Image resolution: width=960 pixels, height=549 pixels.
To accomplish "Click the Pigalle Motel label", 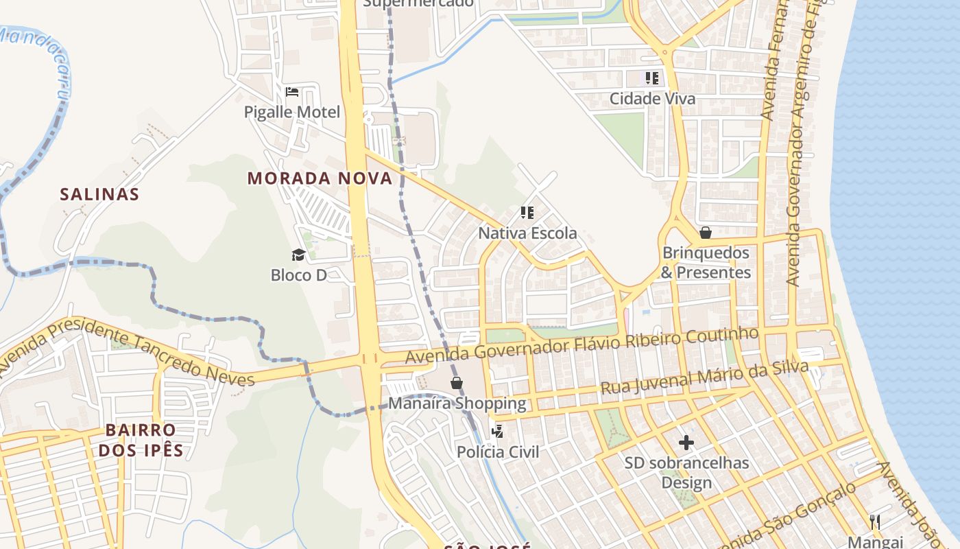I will pyautogui.click(x=292, y=112).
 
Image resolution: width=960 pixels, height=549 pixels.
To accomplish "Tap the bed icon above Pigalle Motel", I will pyautogui.click(x=292, y=92).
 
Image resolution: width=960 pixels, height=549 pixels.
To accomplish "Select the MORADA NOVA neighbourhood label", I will pyautogui.click(x=320, y=178).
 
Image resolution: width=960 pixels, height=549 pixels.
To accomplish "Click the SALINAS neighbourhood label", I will pyautogui.click(x=99, y=194).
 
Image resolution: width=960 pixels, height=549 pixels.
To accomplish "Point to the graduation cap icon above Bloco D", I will pyautogui.click(x=298, y=255).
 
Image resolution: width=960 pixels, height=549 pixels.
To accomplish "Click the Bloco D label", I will pyautogui.click(x=299, y=275).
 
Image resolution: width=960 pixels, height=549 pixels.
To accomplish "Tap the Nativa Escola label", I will pyautogui.click(x=527, y=233).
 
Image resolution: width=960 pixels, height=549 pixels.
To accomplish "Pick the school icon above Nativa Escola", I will pyautogui.click(x=527, y=213).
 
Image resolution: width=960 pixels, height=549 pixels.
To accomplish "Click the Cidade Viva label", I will pyautogui.click(x=652, y=99).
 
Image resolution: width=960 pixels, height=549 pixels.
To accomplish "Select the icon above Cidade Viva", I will pyautogui.click(x=651, y=78).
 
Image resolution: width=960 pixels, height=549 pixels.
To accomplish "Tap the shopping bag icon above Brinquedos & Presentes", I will pyautogui.click(x=706, y=233).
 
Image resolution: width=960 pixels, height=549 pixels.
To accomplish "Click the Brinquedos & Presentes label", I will pyautogui.click(x=706, y=263).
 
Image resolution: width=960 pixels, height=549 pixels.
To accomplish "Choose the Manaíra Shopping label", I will pyautogui.click(x=457, y=404).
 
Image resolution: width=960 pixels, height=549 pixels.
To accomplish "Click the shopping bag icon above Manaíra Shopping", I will pyautogui.click(x=457, y=383).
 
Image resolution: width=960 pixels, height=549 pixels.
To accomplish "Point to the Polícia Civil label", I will pyautogui.click(x=498, y=452).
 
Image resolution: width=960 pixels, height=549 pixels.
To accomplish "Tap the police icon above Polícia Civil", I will pyautogui.click(x=498, y=432).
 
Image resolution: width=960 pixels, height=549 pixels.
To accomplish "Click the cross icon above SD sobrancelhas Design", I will pyautogui.click(x=686, y=443).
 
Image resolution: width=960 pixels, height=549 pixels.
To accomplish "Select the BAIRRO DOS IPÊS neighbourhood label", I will pyautogui.click(x=141, y=440).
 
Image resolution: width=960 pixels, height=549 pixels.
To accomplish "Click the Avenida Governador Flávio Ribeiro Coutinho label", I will pyautogui.click(x=581, y=345).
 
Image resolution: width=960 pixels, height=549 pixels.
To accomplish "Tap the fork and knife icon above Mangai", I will pyautogui.click(x=875, y=522).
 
